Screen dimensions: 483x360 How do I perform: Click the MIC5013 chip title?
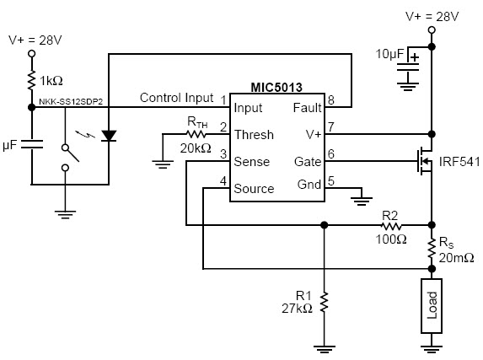tap(276, 87)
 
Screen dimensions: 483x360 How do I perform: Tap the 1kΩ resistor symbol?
tap(31, 80)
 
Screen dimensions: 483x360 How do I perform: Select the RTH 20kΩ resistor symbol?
tap(196, 134)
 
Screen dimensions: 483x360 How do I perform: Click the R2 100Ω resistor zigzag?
tap(391, 226)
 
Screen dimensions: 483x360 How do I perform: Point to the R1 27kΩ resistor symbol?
tap(324, 303)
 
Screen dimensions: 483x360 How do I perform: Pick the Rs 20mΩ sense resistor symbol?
tap(432, 248)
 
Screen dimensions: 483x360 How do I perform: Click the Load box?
tap(432, 306)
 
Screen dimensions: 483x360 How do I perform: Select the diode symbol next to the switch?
tap(109, 136)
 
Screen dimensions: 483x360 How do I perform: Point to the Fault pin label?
tap(307, 108)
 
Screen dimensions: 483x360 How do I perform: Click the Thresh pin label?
tap(254, 135)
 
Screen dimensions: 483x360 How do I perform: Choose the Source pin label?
tap(254, 189)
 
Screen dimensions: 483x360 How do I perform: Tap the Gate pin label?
tap(308, 162)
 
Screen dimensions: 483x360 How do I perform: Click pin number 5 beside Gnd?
tap(330, 181)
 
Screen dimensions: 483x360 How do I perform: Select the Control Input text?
tap(176, 98)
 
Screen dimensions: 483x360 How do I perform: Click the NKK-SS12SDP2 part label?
tap(71, 101)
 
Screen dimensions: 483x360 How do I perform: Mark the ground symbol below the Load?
tap(432, 349)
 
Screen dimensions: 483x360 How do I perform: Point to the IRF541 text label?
tap(459, 162)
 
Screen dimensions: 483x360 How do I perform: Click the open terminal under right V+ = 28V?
tap(432, 30)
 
